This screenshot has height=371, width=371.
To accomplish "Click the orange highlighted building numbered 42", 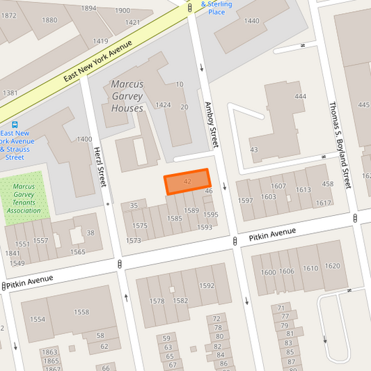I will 187,182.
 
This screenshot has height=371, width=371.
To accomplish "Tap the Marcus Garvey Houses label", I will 127,96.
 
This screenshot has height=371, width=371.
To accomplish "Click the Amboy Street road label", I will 211,124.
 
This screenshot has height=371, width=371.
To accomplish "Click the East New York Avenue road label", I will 97,59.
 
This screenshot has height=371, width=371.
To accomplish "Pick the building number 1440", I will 251,21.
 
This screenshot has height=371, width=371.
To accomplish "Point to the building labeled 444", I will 300,97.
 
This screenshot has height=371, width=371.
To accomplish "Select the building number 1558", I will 81,313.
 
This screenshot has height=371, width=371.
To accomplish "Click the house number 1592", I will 206,286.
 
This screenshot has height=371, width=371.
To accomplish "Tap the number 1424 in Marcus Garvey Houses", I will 164,105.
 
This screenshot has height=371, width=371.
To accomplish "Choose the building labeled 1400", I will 84,139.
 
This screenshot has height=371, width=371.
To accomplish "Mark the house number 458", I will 328,184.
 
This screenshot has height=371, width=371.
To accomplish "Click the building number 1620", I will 333,266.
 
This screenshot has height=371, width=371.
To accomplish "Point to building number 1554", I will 38,319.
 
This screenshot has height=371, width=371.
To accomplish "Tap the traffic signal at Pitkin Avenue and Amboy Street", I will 235,241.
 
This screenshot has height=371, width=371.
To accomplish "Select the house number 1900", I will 122,10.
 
